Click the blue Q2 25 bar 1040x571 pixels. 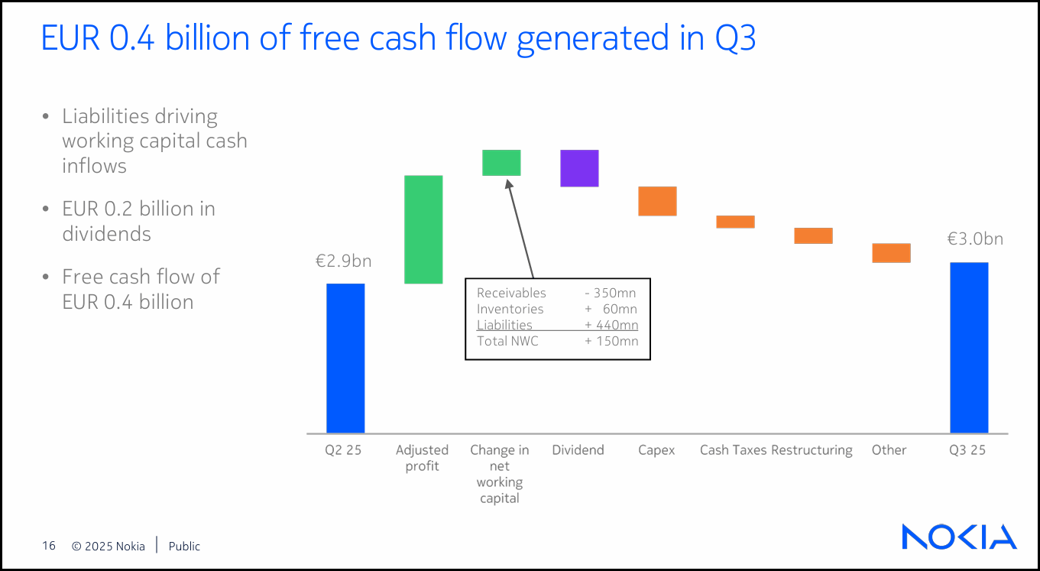345,358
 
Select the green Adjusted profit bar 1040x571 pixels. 423,229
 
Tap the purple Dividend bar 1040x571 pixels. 579,168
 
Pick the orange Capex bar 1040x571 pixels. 657,201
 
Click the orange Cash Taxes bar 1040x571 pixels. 735,222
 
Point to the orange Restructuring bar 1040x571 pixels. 813,235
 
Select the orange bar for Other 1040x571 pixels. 892,253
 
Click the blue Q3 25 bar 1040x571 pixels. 970,348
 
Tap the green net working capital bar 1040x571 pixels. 501,163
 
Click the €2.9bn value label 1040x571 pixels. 344,261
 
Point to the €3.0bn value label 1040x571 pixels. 975,238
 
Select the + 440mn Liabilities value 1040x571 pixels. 611,325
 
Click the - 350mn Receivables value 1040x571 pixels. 610,293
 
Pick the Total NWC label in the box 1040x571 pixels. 507,341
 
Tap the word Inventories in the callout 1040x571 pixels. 510,309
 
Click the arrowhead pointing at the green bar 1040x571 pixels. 509,183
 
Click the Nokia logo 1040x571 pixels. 959,537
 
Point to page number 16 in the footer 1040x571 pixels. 49,546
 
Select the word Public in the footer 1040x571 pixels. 184,547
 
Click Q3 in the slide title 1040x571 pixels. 735,38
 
